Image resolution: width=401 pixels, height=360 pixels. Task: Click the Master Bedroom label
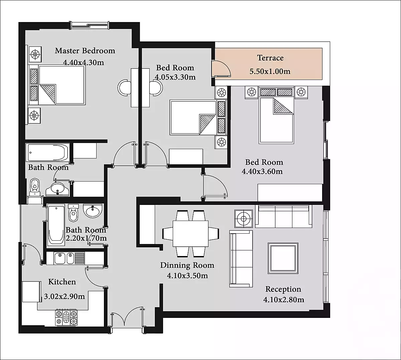[85, 51]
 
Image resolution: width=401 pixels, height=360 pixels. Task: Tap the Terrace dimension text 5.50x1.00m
[270, 71]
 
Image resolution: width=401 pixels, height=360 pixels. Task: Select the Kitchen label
[62, 282]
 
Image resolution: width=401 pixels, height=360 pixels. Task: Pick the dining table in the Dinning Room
[190, 234]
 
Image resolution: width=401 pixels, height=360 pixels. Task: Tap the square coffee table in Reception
[283, 258]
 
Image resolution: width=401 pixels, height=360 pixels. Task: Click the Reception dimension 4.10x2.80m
[284, 299]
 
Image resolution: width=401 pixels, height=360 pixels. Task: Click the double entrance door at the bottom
[127, 319]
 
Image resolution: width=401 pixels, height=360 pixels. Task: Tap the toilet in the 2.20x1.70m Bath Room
[73, 213]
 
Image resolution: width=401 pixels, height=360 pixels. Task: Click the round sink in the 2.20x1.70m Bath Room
[93, 211]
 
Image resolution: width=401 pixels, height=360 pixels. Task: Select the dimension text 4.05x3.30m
[175, 77]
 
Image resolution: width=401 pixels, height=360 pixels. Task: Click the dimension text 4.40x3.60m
[262, 171]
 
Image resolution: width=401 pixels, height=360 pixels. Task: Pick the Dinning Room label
[187, 265]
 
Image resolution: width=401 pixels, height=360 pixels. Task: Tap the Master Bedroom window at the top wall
[90, 25]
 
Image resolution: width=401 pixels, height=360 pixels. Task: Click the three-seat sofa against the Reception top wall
[283, 217]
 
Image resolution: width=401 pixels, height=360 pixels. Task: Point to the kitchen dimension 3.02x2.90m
[64, 296]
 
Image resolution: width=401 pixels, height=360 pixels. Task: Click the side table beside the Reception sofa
[244, 219]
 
